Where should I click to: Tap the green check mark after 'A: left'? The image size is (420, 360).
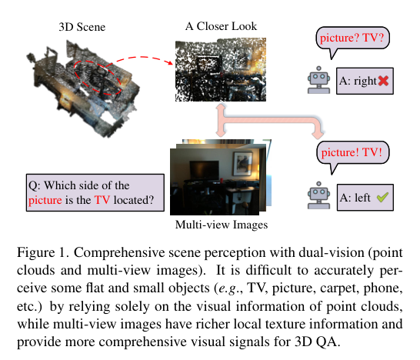click(382, 198)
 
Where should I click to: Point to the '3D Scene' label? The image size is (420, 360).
click(82, 27)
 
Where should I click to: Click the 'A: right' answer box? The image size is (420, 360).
click(366, 80)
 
